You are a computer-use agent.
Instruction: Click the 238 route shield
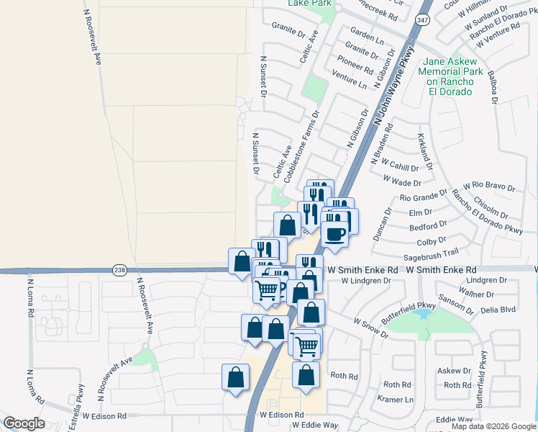tap(119, 270)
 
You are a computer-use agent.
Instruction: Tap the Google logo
tap(24, 423)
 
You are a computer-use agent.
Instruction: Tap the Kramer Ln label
tap(400, 400)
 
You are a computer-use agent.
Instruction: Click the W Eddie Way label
tap(314, 426)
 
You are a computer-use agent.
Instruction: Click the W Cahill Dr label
tap(396, 166)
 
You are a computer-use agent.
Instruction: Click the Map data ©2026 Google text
tap(493, 426)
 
